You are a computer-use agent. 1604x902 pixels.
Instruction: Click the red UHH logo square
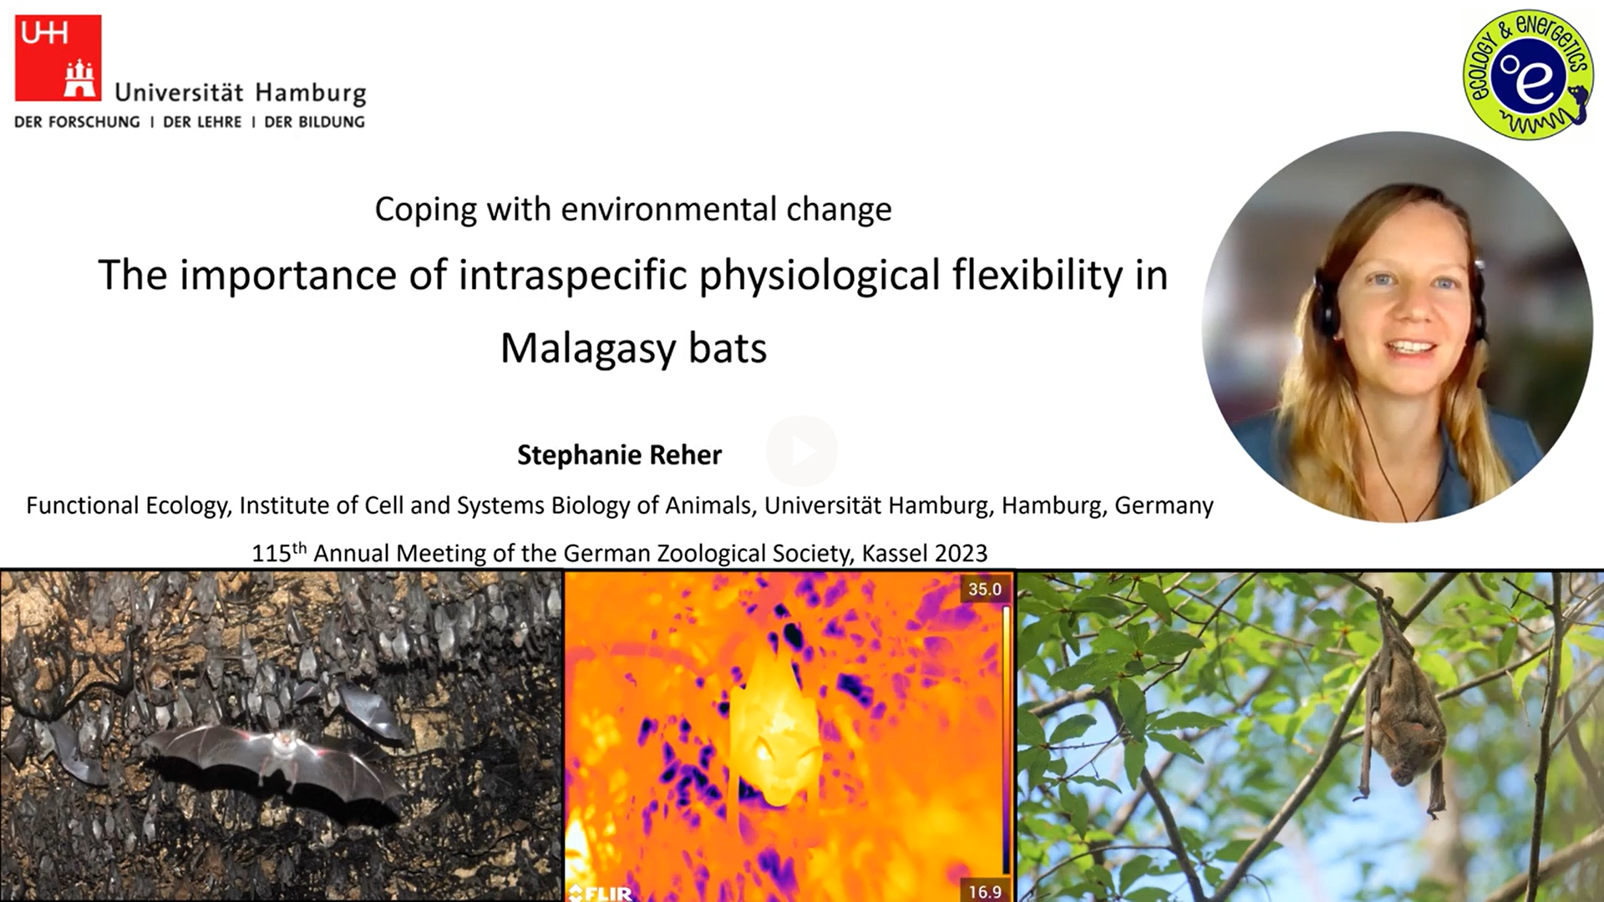(x=58, y=58)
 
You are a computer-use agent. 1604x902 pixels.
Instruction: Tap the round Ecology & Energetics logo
(x=1528, y=74)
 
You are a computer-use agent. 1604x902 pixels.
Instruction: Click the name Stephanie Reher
(x=619, y=455)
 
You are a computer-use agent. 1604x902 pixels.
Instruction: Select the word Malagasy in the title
(x=588, y=348)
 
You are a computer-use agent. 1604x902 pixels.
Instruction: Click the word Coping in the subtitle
(x=426, y=210)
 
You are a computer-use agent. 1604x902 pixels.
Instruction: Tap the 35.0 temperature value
(x=984, y=590)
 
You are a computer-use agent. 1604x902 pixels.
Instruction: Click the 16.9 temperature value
(x=984, y=892)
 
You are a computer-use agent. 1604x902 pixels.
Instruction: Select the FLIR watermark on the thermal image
(x=601, y=893)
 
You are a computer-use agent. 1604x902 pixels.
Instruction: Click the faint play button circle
(x=802, y=451)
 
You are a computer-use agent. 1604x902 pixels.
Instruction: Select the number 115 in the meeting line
(x=272, y=554)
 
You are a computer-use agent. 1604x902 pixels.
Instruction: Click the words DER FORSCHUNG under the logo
(x=77, y=122)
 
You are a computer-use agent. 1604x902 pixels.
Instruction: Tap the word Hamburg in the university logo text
(x=311, y=93)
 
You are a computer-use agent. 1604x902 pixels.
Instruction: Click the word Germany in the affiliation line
(x=1164, y=506)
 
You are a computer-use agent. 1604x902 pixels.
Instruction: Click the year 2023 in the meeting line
(x=961, y=554)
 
